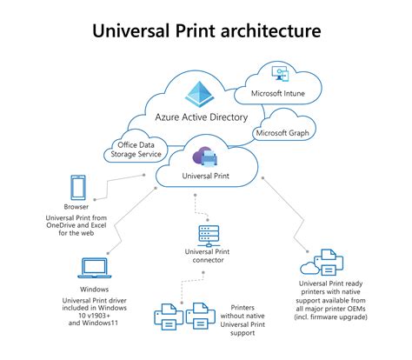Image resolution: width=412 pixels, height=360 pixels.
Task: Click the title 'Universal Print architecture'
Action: tap(206, 31)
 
